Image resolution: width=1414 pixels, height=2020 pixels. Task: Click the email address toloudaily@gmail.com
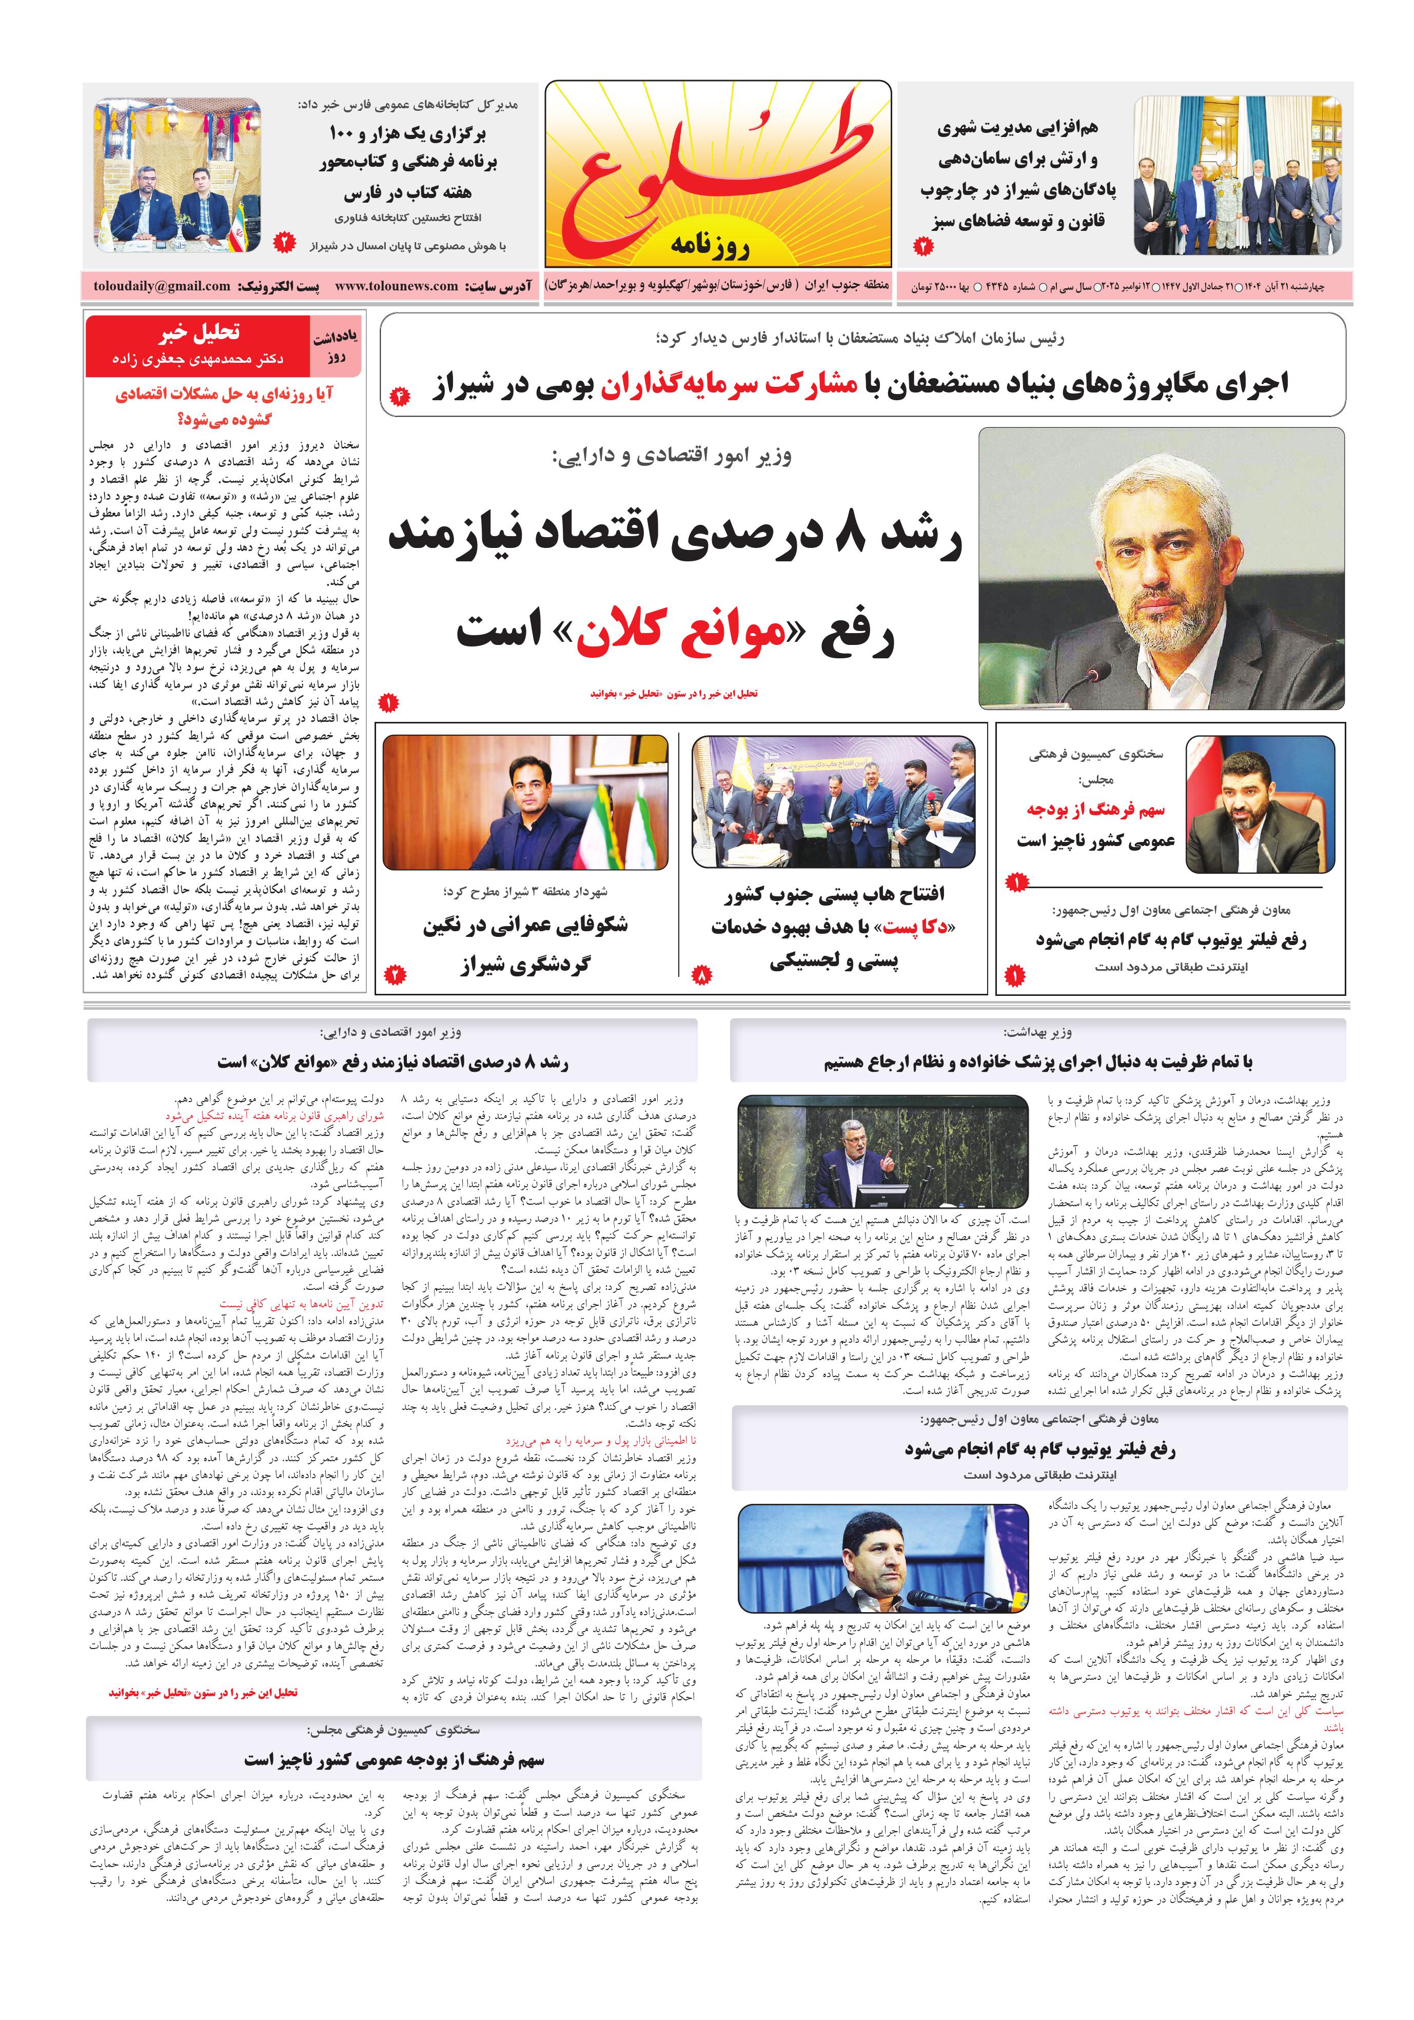[x=162, y=286]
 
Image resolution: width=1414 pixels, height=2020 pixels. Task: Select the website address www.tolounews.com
[x=396, y=286]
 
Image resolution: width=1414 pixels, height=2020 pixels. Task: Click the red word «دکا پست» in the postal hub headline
[x=915, y=927]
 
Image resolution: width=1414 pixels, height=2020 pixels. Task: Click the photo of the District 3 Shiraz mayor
[x=525, y=801]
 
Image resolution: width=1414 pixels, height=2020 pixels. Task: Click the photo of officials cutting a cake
[x=833, y=801]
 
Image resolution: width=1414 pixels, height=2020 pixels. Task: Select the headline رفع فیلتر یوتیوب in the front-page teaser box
[x=1170, y=939]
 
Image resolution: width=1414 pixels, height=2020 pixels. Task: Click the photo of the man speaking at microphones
[x=882, y=1558]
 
